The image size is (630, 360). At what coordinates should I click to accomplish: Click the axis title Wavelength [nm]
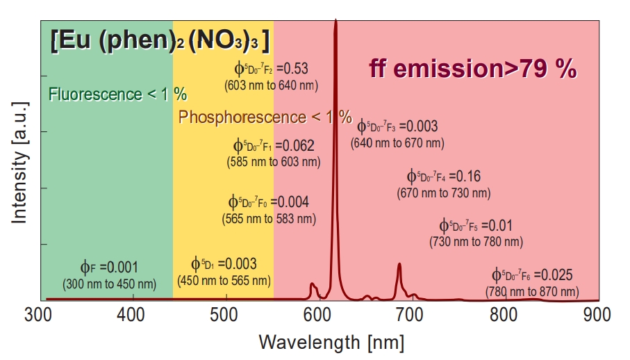[x=331, y=342]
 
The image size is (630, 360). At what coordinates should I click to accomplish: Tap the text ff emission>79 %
[x=472, y=69]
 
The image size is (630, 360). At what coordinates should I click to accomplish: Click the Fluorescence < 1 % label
[x=117, y=94]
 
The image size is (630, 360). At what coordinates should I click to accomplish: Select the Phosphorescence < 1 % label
[x=265, y=117]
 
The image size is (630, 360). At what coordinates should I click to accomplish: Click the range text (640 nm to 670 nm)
[x=399, y=143]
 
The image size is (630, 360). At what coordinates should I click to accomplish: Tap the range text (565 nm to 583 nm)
[x=269, y=218]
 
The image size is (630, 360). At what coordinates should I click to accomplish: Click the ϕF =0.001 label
[x=109, y=267]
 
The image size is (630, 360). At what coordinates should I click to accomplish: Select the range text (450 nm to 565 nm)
[x=224, y=281]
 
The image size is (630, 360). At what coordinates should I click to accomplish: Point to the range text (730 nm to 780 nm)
[x=476, y=242]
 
